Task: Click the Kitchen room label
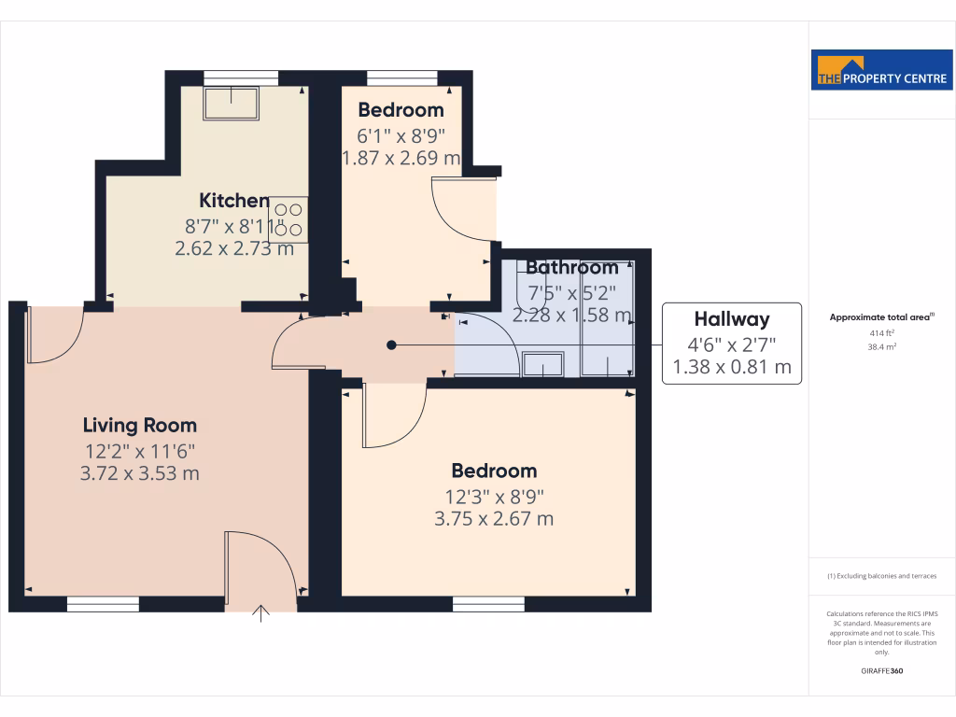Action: pyautogui.click(x=234, y=200)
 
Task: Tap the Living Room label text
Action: pyautogui.click(x=140, y=426)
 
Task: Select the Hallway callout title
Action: pyautogui.click(x=732, y=319)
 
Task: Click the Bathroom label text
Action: pyautogui.click(x=571, y=268)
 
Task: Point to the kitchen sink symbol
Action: pyautogui.click(x=231, y=104)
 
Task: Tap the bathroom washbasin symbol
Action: pyautogui.click(x=542, y=363)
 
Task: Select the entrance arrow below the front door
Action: pyautogui.click(x=261, y=612)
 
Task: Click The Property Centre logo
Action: pyautogui.click(x=882, y=70)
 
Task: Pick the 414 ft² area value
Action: pyautogui.click(x=882, y=332)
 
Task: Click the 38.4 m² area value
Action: pyautogui.click(x=882, y=346)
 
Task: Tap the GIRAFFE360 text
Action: pyautogui.click(x=882, y=671)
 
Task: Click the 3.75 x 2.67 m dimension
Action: pyautogui.click(x=494, y=518)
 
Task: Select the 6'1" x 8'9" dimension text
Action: pyautogui.click(x=401, y=134)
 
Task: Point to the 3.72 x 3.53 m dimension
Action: pyautogui.click(x=140, y=473)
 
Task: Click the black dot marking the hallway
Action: pyautogui.click(x=392, y=344)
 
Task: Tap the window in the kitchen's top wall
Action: pyautogui.click(x=241, y=77)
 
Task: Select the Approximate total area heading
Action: pyautogui.click(x=882, y=317)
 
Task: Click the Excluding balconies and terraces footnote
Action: pyautogui.click(x=882, y=576)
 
